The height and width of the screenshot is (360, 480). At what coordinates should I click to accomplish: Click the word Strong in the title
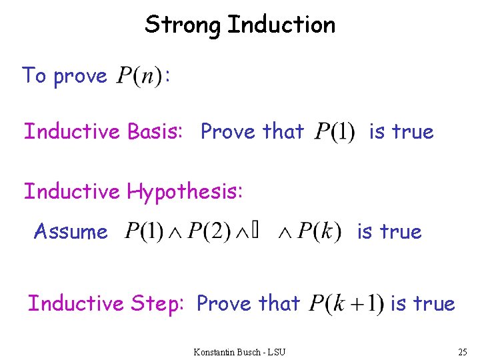[x=183, y=25]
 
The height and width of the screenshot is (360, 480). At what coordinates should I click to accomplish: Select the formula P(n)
[x=139, y=77]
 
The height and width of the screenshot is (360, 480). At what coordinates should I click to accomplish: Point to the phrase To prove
[x=64, y=76]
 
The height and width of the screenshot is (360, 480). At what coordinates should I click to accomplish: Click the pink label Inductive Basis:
[x=103, y=132]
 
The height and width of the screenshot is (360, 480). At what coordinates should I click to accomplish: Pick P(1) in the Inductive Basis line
[x=335, y=132]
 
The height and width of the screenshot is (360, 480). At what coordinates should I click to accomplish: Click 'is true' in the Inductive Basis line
[x=401, y=132]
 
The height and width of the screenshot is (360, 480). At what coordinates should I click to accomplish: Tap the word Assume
[x=71, y=232]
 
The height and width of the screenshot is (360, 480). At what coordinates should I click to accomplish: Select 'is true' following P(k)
[x=389, y=232]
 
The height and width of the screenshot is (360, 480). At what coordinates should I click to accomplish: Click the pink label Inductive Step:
[x=105, y=304]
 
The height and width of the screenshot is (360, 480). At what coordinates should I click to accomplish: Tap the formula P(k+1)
[x=345, y=305]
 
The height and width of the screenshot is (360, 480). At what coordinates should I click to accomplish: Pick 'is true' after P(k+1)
[x=422, y=304]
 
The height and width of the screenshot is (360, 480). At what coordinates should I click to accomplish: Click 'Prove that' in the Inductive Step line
[x=248, y=304]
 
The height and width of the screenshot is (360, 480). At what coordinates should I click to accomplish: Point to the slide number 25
[x=463, y=351]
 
